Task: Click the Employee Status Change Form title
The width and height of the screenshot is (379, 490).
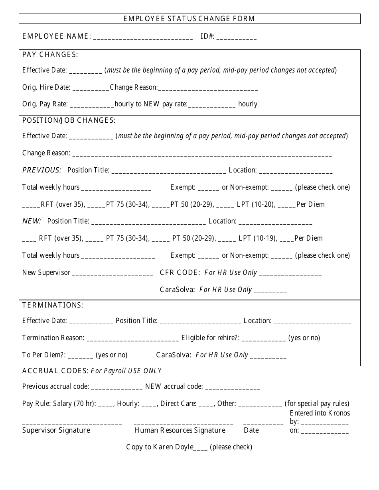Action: [189, 19]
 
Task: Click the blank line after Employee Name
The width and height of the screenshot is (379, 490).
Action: [143, 37]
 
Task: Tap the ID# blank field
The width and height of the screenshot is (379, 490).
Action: [237, 37]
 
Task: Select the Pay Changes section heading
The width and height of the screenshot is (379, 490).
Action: [50, 55]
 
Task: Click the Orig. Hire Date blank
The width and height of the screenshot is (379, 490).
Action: [91, 88]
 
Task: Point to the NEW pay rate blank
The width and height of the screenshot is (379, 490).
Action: [211, 105]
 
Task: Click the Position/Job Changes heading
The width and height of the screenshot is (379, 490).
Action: [69, 120]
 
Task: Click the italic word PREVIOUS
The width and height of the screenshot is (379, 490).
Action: [42, 170]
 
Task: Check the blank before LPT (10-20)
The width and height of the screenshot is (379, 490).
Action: [226, 205]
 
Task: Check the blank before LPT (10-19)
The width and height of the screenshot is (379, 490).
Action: [227, 239]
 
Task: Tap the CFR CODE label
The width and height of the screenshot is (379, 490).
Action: [180, 272]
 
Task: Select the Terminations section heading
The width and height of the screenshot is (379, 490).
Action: [53, 305]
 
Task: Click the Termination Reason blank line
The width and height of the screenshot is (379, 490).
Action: [132, 339]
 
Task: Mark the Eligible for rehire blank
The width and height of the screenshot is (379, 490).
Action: [264, 339]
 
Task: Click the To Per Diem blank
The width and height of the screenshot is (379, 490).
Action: [83, 356]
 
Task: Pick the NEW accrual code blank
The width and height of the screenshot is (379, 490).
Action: [233, 387]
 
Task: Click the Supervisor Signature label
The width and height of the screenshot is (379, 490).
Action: [56, 430]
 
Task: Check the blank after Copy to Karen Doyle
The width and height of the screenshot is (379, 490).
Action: [200, 448]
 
